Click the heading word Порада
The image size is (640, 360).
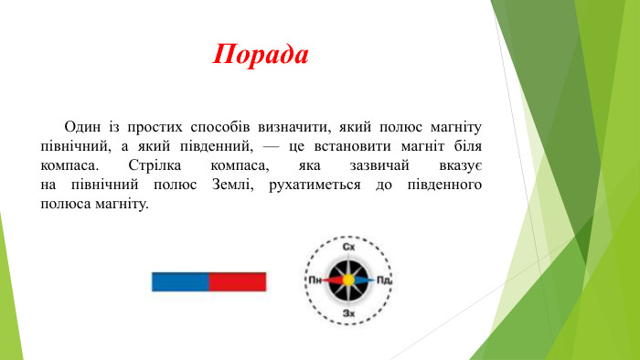pyautogui.click(x=261, y=54)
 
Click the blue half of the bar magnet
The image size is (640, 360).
pyautogui.click(x=180, y=281)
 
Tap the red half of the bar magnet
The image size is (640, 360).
pyautogui.click(x=238, y=281)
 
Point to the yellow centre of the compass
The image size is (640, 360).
pyautogui.click(x=348, y=280)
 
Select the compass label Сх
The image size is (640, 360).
pyautogui.click(x=348, y=248)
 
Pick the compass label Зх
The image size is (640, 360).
pyautogui.click(x=348, y=313)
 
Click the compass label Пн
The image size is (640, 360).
pyautogui.click(x=315, y=280)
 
